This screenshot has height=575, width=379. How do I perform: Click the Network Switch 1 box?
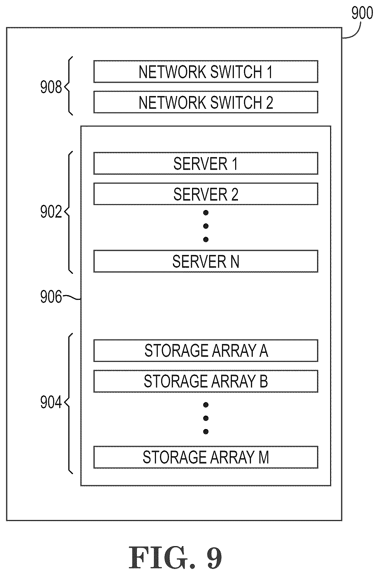pos(206,72)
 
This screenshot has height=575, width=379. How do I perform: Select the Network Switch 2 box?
pos(206,102)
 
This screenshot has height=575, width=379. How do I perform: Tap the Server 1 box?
pos(206,164)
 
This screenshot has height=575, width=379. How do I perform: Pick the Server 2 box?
pos(206,194)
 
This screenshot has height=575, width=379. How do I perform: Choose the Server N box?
pos(206,261)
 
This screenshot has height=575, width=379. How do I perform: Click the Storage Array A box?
pos(206,351)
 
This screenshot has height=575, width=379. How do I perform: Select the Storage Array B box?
pos(206,381)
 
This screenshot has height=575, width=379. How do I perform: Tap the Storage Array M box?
pos(206,457)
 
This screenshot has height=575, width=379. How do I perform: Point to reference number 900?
pos(362,13)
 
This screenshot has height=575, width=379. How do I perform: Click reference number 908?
pos(51,88)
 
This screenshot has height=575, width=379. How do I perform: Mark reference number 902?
pos(51,212)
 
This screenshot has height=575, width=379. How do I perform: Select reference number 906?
pos(51,297)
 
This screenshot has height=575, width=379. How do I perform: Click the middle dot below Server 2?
pos(206,226)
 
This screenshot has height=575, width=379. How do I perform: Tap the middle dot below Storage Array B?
pos(206,418)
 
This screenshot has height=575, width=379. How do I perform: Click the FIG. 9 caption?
pos(175,557)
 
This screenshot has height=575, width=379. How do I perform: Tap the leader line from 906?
pos(71,298)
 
